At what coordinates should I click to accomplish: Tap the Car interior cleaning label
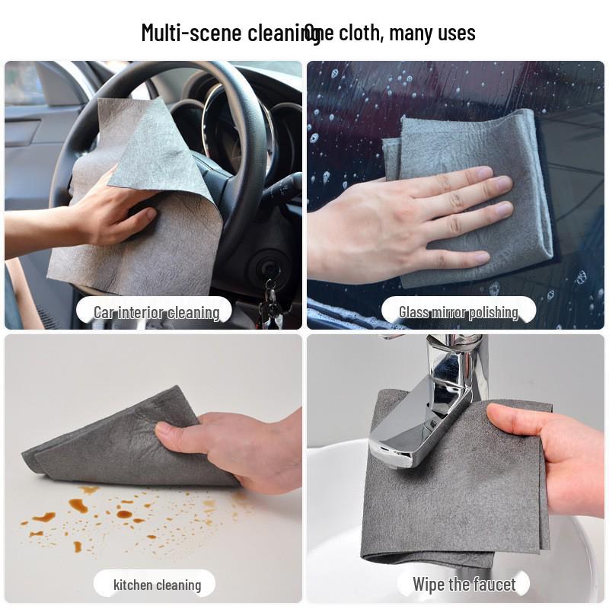[156, 312]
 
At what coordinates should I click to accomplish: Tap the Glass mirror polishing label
[458, 312]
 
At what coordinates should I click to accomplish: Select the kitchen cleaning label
[157, 585]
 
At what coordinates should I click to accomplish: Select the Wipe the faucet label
[464, 585]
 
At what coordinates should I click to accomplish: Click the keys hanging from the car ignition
[269, 301]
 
